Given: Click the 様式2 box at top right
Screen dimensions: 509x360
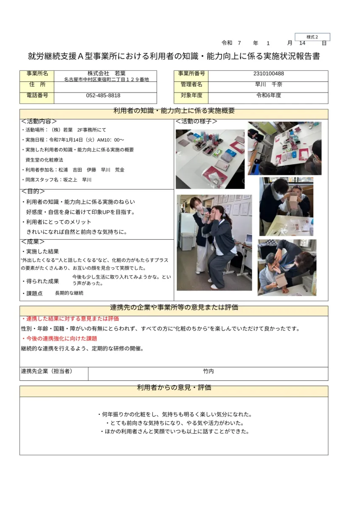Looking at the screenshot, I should [312, 37].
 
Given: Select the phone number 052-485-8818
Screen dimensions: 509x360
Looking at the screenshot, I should [103, 96].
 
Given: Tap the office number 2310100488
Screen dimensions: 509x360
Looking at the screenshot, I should [268, 74].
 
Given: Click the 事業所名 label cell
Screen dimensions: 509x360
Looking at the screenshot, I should [37, 74].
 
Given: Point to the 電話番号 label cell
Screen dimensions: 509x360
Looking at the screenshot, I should [37, 96].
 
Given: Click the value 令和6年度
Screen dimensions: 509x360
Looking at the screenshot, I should [268, 96].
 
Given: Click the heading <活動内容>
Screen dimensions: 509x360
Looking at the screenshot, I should [39, 121].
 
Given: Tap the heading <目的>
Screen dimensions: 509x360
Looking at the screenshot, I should [33, 191].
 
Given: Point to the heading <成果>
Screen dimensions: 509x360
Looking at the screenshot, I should [33, 241].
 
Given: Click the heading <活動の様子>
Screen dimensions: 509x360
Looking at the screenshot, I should [196, 121].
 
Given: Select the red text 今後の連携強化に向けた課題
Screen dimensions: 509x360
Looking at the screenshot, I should [59, 338].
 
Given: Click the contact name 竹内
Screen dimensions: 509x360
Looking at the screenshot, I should [208, 371].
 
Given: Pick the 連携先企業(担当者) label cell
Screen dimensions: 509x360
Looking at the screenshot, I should [47, 371].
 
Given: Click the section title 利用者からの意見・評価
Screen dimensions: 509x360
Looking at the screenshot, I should [174, 388].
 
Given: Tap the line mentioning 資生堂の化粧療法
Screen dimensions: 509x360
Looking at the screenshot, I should [45, 160].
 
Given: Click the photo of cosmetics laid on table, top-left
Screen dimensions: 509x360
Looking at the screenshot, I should [210, 159].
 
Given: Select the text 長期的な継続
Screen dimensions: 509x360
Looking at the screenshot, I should [69, 293].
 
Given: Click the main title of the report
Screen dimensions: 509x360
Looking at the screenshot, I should [174, 56].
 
